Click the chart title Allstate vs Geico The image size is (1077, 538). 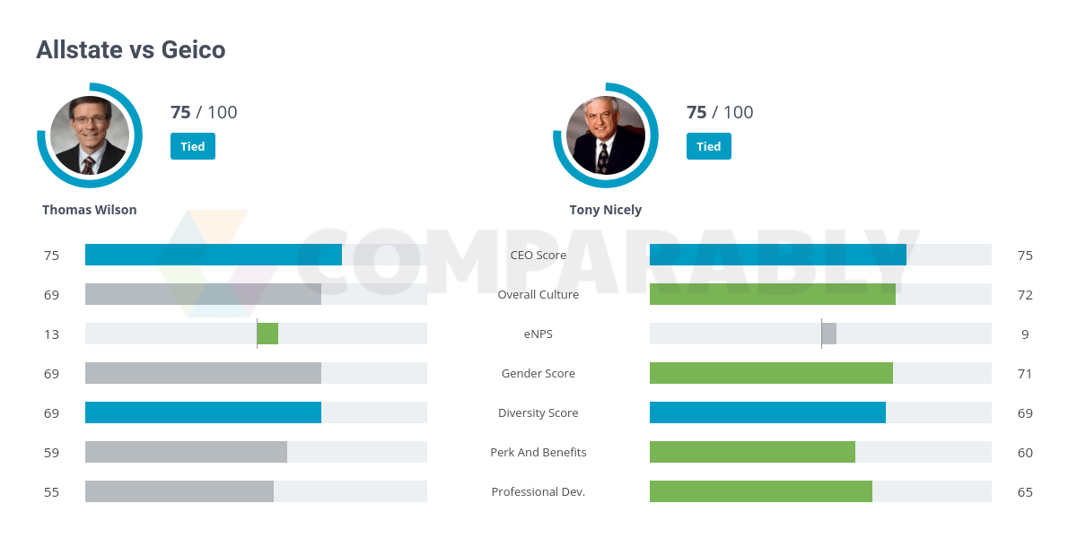130,50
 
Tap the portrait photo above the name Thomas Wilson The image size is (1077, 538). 90,135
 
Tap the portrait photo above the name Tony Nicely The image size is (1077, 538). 606,135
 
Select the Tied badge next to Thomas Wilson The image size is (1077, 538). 193,146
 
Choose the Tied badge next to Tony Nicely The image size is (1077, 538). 709,146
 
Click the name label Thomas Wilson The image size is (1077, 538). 90,210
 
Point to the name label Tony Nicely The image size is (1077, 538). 606,210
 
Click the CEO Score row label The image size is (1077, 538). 538,256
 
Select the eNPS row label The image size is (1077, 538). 538,334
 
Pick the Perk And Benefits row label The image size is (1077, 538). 538,453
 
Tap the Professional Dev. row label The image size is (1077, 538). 538,492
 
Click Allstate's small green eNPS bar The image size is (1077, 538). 267,334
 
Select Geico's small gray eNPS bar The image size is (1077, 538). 828,334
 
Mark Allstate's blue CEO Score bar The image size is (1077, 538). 214,255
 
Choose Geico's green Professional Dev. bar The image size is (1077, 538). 761,491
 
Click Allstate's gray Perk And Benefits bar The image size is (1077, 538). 186,452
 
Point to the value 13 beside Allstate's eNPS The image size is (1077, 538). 51,334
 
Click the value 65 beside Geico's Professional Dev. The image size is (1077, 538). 1025,492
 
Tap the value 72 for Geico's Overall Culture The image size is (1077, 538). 1025,295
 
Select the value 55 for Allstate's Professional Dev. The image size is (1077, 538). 51,492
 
